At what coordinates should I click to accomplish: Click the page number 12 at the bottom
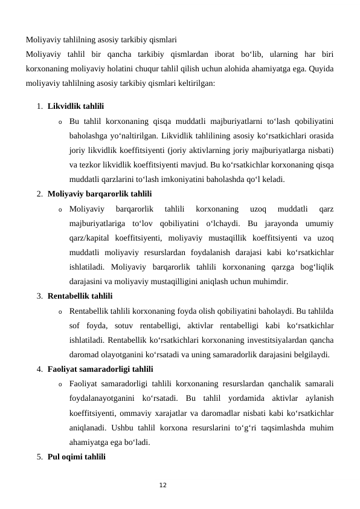tap(162, 485)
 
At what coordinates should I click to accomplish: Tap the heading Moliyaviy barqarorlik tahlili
tap(99, 194)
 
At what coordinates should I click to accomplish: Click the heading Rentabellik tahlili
tap(80, 296)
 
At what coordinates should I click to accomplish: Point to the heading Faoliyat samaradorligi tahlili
tap(100, 369)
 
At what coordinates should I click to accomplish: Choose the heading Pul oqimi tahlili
tap(76, 456)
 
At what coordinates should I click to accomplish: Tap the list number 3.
tap(39, 296)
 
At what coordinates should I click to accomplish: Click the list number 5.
tap(39, 456)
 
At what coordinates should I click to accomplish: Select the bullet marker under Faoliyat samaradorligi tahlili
tap(61, 384)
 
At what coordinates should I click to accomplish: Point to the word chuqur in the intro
tap(158, 69)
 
